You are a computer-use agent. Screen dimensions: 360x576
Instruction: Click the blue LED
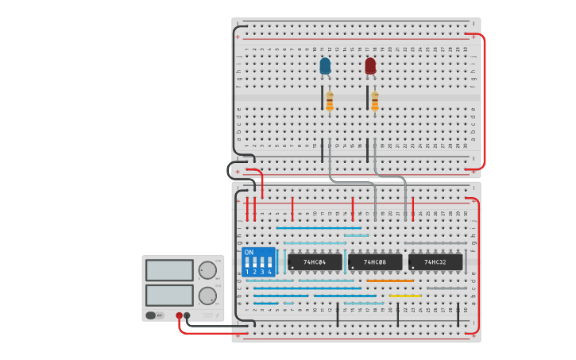click(325, 66)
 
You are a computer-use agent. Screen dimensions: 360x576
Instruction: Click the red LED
click(370, 66)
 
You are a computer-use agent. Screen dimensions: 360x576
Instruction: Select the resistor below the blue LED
click(329, 101)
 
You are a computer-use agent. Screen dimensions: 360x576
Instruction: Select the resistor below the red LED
click(374, 101)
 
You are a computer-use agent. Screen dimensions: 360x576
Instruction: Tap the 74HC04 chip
click(315, 261)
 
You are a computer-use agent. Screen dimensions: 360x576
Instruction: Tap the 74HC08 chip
click(375, 261)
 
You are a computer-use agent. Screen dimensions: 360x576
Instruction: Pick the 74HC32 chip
click(435, 261)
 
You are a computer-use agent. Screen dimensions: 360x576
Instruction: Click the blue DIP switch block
click(258, 261)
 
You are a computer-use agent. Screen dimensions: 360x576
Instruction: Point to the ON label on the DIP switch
click(249, 253)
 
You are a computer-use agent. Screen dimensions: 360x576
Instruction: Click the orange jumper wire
click(389, 281)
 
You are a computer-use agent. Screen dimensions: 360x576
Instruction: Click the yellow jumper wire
click(405, 296)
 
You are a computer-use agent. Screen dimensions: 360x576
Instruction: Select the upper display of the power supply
click(168, 270)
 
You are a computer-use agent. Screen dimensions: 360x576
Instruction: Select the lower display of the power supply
click(168, 295)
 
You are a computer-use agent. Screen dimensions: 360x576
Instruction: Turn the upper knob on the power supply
click(207, 270)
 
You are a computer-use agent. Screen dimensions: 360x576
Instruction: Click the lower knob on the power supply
click(207, 296)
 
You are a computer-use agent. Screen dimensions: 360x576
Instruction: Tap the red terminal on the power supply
click(180, 315)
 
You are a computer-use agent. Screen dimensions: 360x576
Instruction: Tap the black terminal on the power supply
click(187, 315)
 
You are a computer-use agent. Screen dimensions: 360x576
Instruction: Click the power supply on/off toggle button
click(151, 315)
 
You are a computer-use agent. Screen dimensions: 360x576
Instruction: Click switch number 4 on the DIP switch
click(269, 262)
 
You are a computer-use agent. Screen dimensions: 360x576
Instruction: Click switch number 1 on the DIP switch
click(248, 262)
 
